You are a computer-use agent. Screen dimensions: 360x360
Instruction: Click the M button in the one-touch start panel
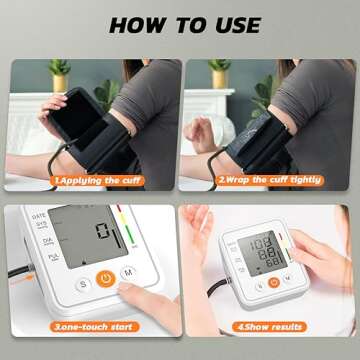(x=129, y=271)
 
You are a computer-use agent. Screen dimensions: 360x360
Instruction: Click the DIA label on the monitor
(x=39, y=240)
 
